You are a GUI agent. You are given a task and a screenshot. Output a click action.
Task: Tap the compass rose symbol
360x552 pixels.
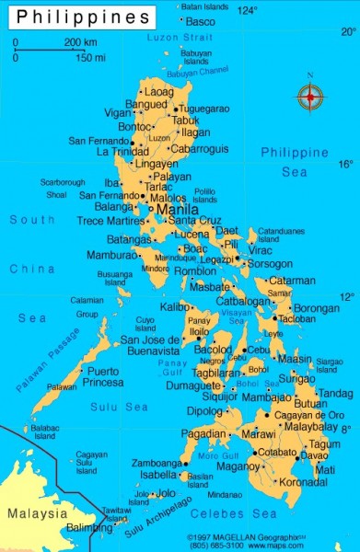click(310, 95)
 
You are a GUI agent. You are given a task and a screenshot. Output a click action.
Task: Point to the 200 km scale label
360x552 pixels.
click(79, 42)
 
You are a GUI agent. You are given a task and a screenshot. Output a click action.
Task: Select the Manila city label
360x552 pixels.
click(177, 210)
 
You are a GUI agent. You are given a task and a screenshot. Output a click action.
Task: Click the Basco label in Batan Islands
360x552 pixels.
click(200, 21)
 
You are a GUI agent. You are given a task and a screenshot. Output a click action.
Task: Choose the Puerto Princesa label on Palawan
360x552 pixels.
click(103, 376)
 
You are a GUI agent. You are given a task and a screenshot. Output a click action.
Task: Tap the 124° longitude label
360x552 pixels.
click(248, 10)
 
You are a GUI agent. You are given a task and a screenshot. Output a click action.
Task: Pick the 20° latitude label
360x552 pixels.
click(348, 30)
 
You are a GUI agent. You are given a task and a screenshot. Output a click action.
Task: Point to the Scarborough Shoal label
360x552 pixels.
click(62, 189)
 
